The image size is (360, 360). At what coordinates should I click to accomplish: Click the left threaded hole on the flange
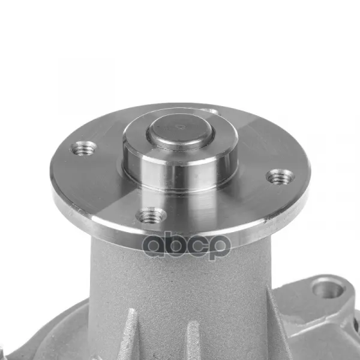click(83, 149)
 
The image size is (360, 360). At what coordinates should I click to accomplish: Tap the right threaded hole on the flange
click(280, 176)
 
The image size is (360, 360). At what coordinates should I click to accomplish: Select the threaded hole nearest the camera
click(151, 215)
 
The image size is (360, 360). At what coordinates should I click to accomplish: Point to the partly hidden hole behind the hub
click(212, 112)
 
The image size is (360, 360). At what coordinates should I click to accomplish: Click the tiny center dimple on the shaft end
click(181, 127)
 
